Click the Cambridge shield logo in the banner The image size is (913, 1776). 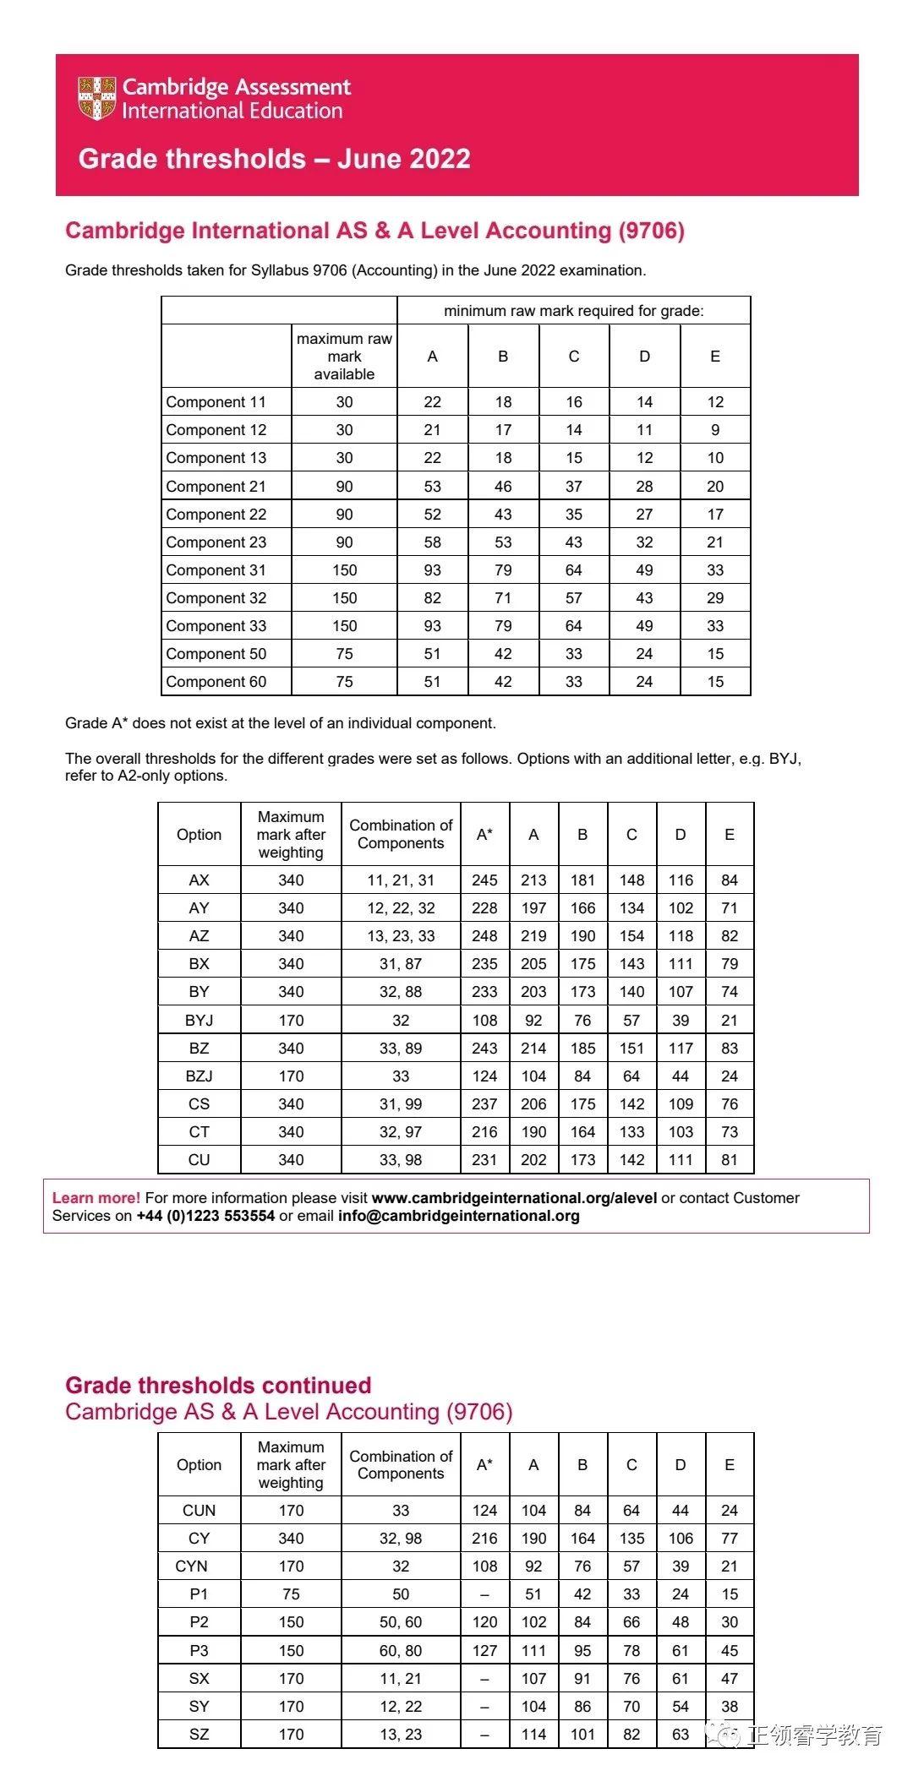(x=96, y=98)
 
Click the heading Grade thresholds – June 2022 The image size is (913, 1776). (x=274, y=159)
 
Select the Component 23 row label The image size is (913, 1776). (x=216, y=542)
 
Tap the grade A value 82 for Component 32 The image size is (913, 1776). (x=432, y=598)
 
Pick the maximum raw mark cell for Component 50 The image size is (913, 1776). (x=344, y=654)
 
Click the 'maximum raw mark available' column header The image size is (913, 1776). (x=344, y=357)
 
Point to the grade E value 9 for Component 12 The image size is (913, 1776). (x=715, y=430)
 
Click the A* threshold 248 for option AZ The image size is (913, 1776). (x=484, y=936)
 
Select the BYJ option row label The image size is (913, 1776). (x=199, y=1021)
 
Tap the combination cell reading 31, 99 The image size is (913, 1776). (x=401, y=1104)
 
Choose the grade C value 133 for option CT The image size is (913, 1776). (x=631, y=1132)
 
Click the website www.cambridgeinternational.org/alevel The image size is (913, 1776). (x=514, y=1198)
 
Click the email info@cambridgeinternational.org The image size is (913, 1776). (x=458, y=1217)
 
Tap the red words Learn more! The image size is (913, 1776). (x=96, y=1198)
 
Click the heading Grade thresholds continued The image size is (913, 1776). (x=218, y=1386)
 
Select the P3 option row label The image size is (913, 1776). (x=199, y=1651)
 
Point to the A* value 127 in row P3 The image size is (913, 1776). (x=484, y=1651)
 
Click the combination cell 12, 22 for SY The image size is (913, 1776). (x=401, y=1707)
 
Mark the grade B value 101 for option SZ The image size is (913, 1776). (x=582, y=1735)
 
